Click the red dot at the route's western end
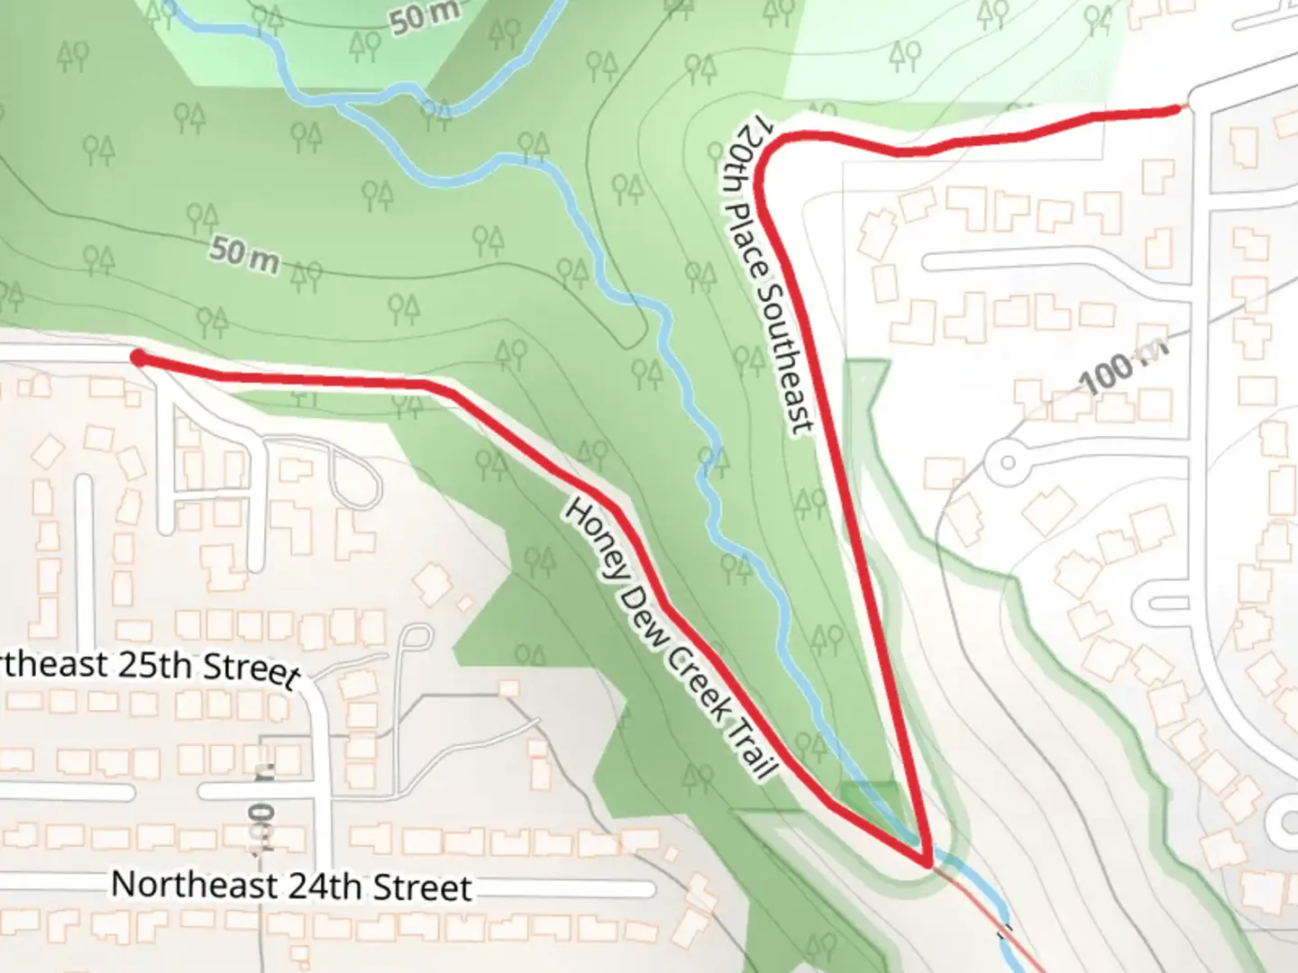pyautogui.click(x=138, y=359)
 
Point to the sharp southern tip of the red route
pyautogui.click(x=927, y=864)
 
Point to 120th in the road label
pyautogui.click(x=736, y=159)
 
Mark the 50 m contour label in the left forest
pyautogui.click(x=243, y=254)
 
